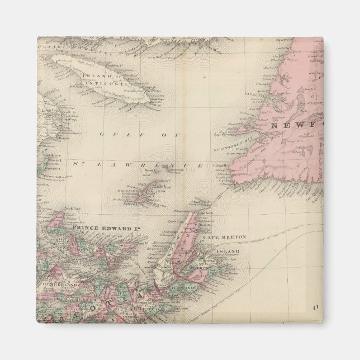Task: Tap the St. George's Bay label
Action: tap(229, 147)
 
